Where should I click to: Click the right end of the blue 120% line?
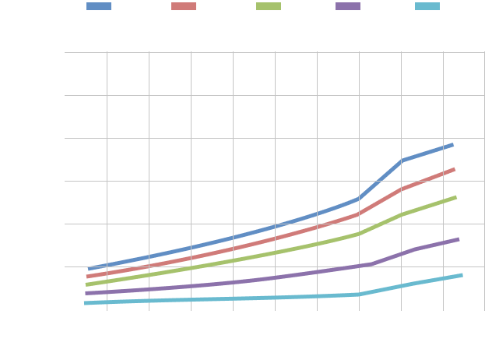[x=452, y=145]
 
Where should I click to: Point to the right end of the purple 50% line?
[x=459, y=239]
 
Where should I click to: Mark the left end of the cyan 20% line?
[x=86, y=303]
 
